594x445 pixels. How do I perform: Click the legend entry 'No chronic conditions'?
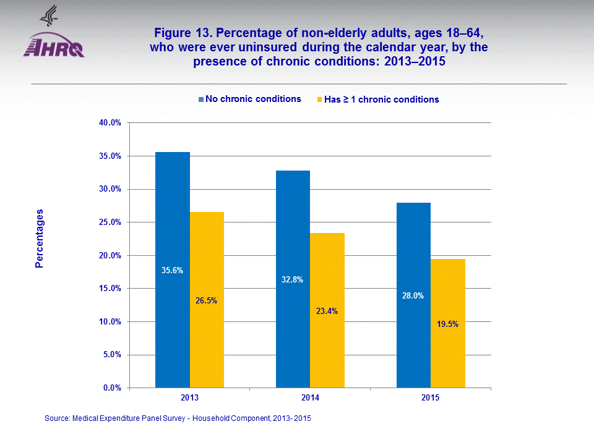[249, 99]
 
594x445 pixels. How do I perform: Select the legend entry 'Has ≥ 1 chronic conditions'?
[377, 100]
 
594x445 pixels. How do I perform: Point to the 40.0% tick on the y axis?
[110, 123]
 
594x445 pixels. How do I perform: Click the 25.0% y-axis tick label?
[110, 222]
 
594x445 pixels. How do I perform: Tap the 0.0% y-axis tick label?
[112, 388]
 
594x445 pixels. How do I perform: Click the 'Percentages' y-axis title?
[40, 239]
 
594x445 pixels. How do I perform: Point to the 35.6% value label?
[172, 270]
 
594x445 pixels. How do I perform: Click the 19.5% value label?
[447, 324]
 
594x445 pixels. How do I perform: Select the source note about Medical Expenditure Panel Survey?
[178, 419]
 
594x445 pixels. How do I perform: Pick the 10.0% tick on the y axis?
[110, 321]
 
